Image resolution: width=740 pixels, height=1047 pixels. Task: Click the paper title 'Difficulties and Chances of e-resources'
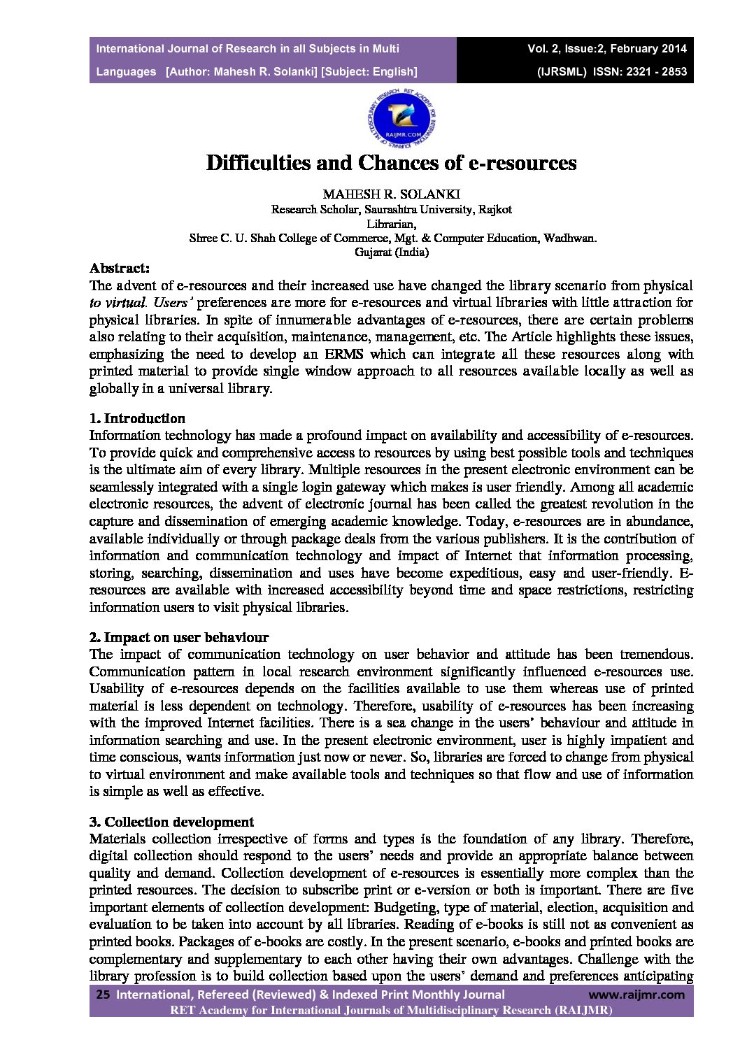coord(391,163)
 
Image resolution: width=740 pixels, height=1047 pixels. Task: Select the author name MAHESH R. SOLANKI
coord(391,193)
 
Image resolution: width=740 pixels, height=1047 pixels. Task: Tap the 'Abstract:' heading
coord(119,268)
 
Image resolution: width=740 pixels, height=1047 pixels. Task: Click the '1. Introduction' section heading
coord(138,418)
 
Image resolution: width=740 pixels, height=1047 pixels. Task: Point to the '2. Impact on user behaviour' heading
coord(179,637)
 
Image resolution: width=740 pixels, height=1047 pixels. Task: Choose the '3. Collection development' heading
coord(171,821)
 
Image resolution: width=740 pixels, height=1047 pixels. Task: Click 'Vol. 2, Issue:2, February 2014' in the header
coord(607,49)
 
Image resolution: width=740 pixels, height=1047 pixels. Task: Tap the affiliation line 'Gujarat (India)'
coord(392,252)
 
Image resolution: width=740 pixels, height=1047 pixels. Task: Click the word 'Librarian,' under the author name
coord(392,224)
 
